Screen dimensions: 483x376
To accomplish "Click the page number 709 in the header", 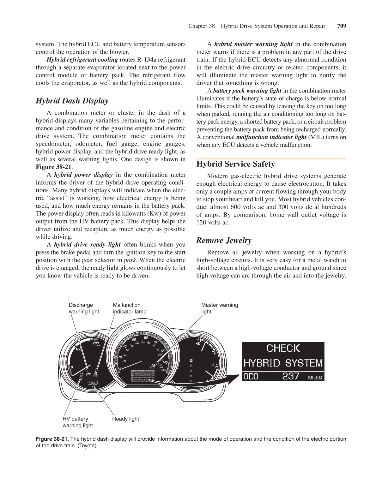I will coord(342,26).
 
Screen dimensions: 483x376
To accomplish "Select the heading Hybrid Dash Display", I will coord(72,101).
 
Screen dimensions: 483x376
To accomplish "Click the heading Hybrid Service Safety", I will coord(235,164).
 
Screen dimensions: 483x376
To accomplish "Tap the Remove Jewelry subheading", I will coord(224,240).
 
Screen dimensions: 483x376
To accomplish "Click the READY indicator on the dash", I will coord(93,383).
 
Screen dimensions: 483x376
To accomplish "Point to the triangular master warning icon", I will coord(153,366).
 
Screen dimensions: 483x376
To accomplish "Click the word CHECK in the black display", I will coord(283,348).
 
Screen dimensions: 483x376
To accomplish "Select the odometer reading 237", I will coord(290,376).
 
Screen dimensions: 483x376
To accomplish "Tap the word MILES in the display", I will coord(315,378).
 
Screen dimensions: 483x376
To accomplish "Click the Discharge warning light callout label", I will coord(84,308).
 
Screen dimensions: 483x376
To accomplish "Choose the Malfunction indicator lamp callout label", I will coord(130,308).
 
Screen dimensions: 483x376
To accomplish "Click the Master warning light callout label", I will coord(219,308).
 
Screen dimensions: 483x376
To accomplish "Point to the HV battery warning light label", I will coord(77,422).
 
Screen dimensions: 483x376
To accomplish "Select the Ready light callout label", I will coord(125,419).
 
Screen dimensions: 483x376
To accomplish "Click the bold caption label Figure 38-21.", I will coord(52,439).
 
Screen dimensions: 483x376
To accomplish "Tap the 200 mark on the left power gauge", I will coord(95,343).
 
